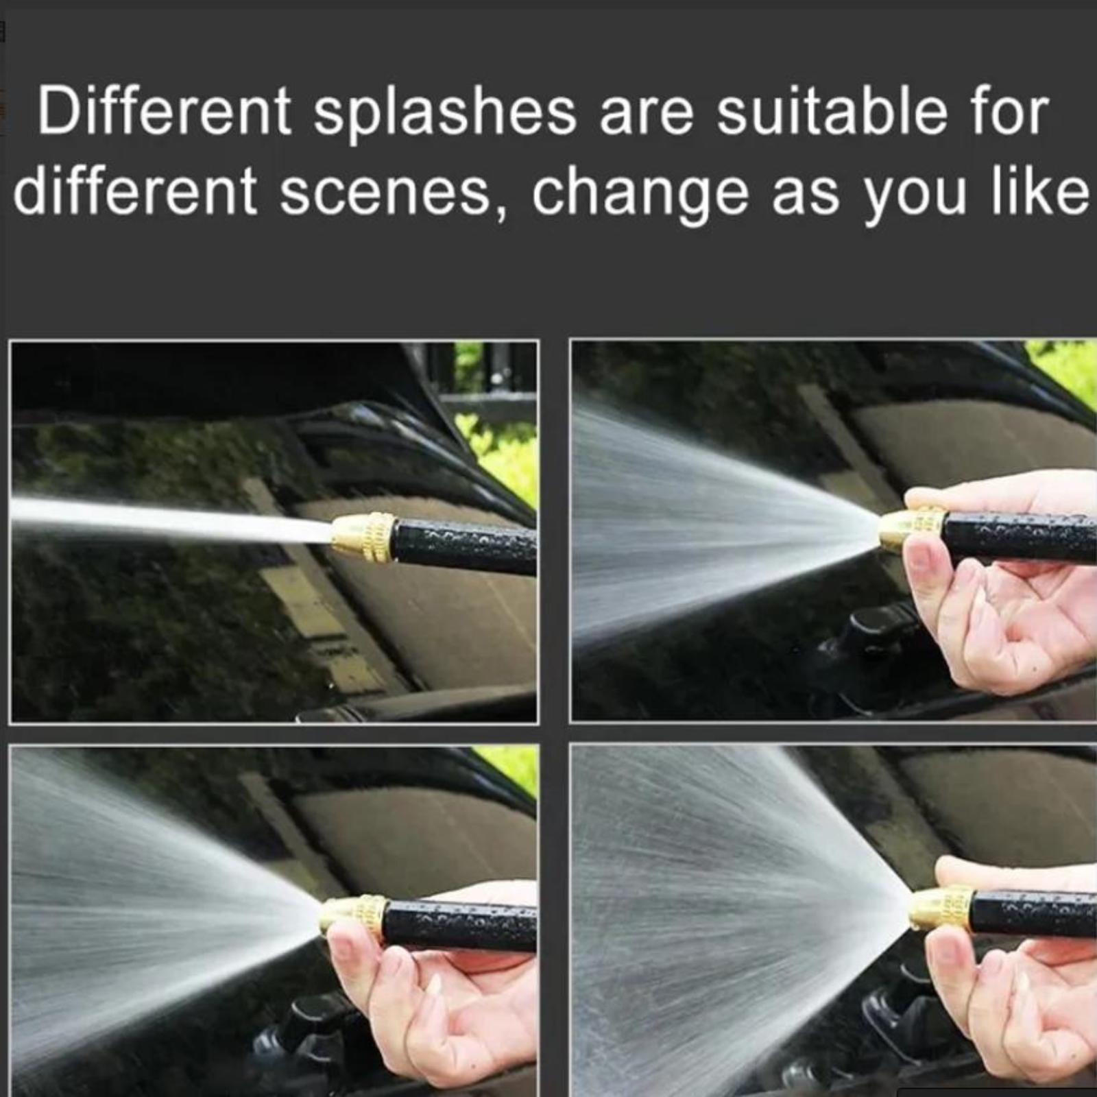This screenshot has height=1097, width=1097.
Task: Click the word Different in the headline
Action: click(165, 111)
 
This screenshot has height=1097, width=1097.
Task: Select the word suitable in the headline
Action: click(830, 111)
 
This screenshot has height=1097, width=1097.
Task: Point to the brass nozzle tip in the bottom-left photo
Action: click(354, 916)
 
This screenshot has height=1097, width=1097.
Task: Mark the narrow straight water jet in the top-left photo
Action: click(171, 519)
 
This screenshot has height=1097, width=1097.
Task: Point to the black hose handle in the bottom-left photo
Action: click(460, 922)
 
